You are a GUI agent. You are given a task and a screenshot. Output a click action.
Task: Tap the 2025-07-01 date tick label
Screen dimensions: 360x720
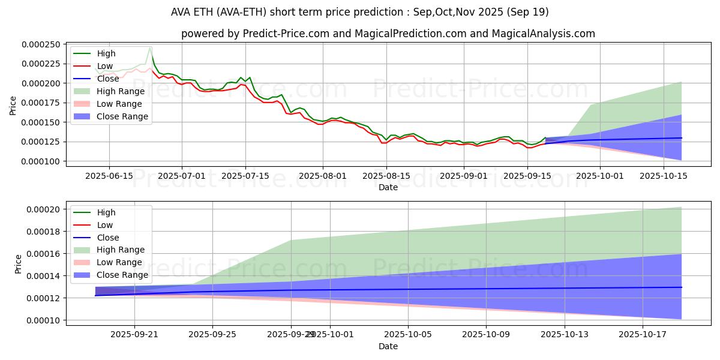[182, 175]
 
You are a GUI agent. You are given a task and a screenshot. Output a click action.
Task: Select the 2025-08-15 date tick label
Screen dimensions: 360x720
[388, 175]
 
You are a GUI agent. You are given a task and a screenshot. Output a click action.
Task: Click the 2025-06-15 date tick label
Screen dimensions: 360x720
[109, 175]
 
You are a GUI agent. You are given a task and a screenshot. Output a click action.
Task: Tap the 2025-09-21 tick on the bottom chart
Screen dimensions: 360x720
[134, 334]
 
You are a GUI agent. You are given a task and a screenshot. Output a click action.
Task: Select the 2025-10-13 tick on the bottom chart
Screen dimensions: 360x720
[565, 334]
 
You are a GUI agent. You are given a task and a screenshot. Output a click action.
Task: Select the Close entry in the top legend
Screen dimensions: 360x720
[107, 79]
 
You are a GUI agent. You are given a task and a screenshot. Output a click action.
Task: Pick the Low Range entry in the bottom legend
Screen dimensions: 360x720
[119, 262]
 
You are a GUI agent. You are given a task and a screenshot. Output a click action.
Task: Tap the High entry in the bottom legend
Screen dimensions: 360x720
[106, 212]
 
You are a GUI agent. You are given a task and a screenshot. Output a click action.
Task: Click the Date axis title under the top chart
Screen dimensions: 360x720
[388, 187]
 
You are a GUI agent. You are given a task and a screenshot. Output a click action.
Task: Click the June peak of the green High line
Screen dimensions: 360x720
[150, 47]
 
